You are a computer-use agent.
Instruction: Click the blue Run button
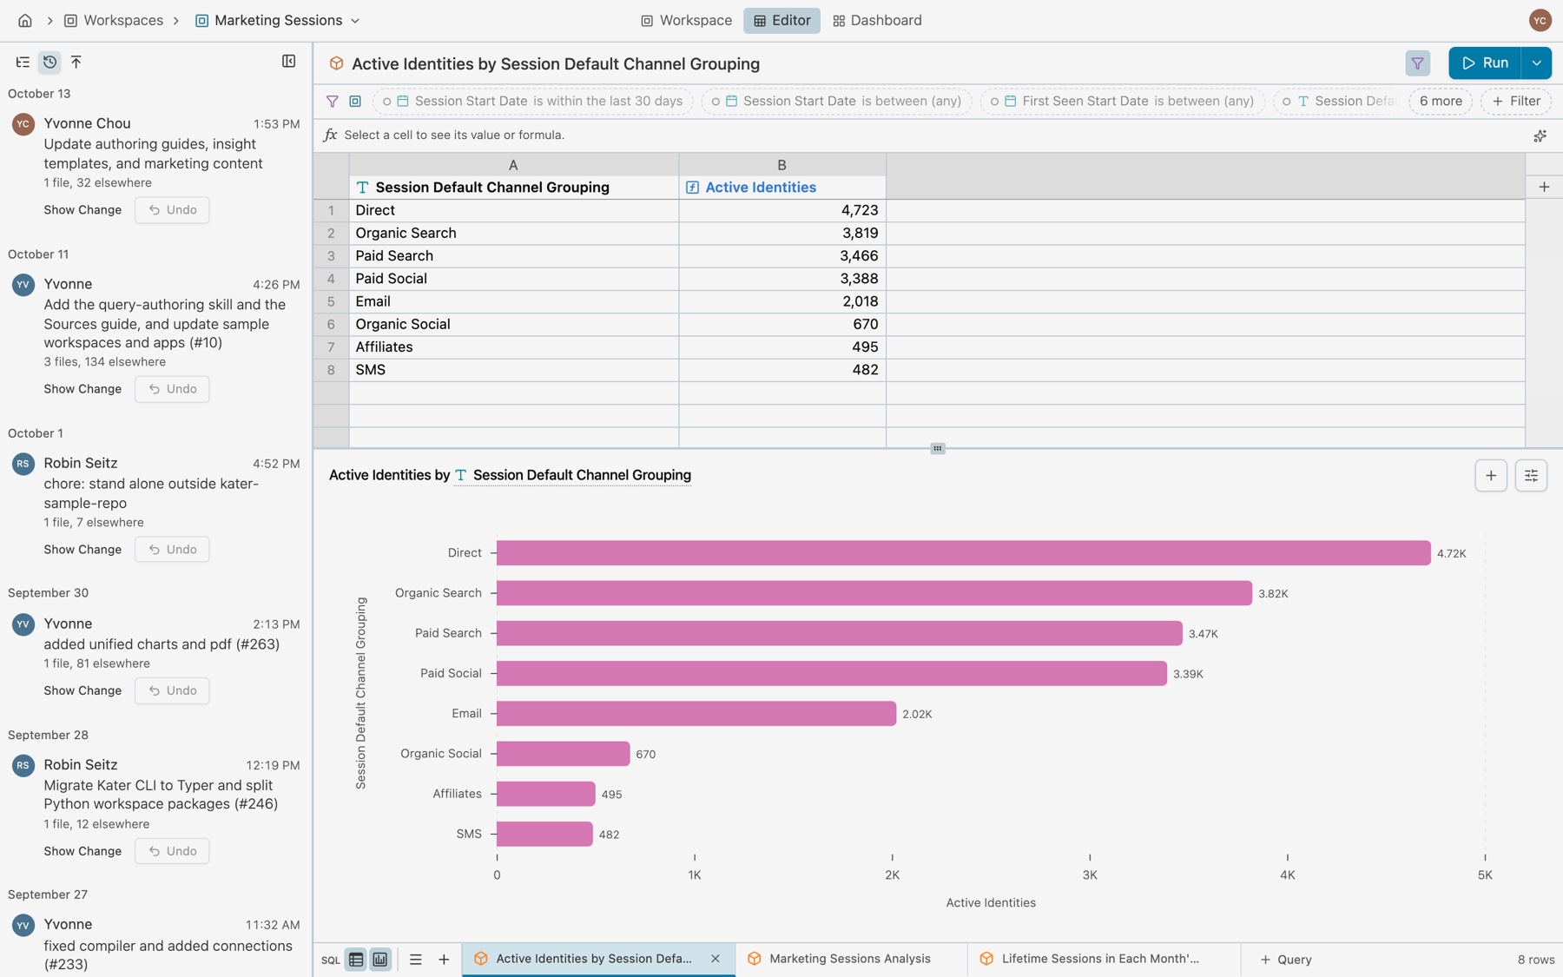[x=1485, y=63]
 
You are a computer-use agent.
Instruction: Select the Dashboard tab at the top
[x=877, y=20]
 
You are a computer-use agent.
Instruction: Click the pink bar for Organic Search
[x=874, y=593]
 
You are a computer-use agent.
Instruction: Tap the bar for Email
[x=696, y=714]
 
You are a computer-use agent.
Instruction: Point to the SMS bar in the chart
[x=544, y=834]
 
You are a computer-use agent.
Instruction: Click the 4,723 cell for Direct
[x=782, y=210]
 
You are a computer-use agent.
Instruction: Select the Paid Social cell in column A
[x=514, y=279]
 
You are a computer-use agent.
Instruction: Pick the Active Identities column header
[x=760, y=188]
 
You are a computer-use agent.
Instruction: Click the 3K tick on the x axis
[x=1090, y=875]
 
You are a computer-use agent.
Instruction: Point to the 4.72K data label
[x=1451, y=553]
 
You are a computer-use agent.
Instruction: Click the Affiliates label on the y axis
[x=457, y=794]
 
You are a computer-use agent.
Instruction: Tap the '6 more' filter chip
[x=1441, y=101]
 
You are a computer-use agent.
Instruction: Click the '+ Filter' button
[x=1516, y=101]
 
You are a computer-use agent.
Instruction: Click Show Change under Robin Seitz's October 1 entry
[x=82, y=550]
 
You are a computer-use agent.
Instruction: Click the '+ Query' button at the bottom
[x=1286, y=960]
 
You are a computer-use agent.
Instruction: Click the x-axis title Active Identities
[x=991, y=902]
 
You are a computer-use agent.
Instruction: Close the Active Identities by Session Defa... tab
[x=716, y=959]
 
